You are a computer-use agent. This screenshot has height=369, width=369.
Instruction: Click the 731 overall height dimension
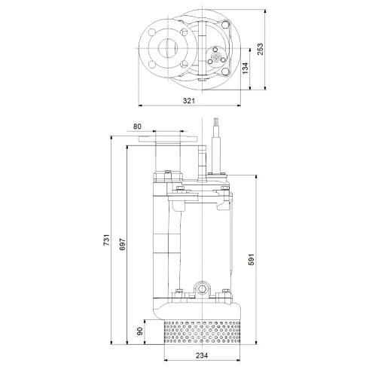[x=107, y=239]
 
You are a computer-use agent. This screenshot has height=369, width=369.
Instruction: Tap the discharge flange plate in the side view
[x=171, y=139]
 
